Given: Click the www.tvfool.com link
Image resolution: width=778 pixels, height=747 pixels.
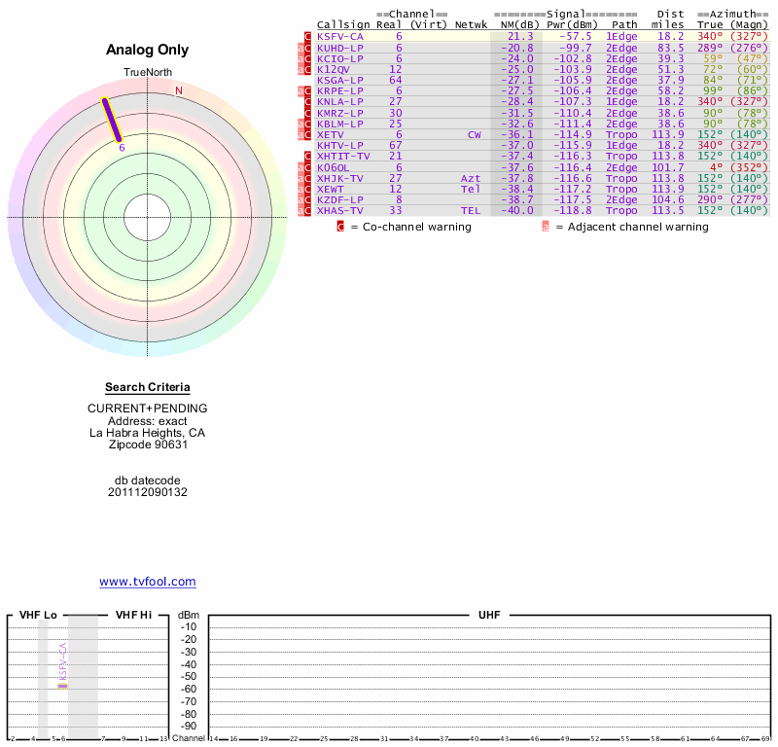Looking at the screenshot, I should click(x=147, y=582).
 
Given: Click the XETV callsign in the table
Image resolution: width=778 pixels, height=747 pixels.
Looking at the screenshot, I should click(x=332, y=134).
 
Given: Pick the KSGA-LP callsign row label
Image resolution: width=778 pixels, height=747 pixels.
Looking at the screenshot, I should click(x=339, y=80).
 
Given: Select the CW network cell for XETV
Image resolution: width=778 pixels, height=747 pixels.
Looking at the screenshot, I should click(x=474, y=134).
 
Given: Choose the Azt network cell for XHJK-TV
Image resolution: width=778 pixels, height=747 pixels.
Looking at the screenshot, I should click(x=471, y=178).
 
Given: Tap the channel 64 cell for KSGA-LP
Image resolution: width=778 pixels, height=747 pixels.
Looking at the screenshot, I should click(x=395, y=80).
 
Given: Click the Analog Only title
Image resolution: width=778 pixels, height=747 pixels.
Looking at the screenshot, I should click(x=147, y=51).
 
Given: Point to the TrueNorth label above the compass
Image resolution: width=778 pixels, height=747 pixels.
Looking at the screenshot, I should click(x=147, y=73).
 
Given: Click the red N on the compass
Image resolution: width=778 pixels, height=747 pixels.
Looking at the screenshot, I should click(x=179, y=91).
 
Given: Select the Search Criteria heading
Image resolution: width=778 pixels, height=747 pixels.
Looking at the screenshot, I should click(x=147, y=387).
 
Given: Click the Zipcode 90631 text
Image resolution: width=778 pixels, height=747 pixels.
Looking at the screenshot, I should click(x=147, y=445).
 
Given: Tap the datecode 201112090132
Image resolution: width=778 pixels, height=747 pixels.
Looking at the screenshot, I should click(x=147, y=492).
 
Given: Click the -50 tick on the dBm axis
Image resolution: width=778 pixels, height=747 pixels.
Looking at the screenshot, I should click(x=188, y=677).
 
